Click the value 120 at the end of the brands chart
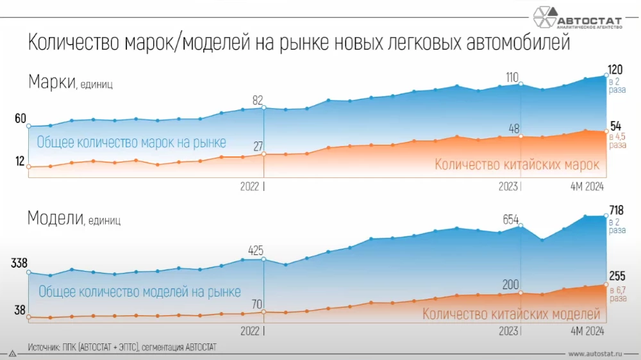(616, 69)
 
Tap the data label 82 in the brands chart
(257, 100)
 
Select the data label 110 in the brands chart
(512, 78)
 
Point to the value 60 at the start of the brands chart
(20, 119)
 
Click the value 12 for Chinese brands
(20, 161)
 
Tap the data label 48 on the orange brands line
(513, 129)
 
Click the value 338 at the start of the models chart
(18, 263)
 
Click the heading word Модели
(55, 218)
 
